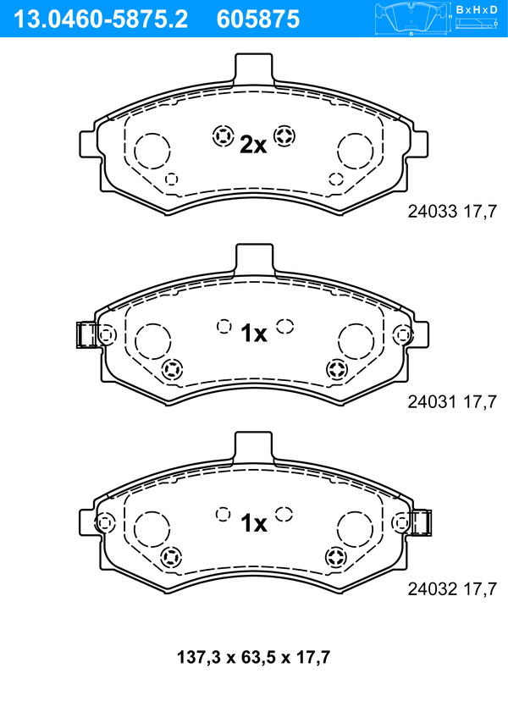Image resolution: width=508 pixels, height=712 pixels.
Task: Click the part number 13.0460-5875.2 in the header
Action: pos(101,19)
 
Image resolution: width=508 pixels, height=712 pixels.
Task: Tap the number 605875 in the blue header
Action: pos(258,19)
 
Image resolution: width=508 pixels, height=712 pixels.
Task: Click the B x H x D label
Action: pos(477,9)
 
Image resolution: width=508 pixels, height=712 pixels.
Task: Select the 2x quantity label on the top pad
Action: pos(253,145)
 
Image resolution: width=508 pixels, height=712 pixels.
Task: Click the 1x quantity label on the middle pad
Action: pos(254,334)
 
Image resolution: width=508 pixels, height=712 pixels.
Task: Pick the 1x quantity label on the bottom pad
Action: pos(254,523)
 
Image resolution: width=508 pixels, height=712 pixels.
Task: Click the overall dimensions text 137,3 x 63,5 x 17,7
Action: pos(254,657)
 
